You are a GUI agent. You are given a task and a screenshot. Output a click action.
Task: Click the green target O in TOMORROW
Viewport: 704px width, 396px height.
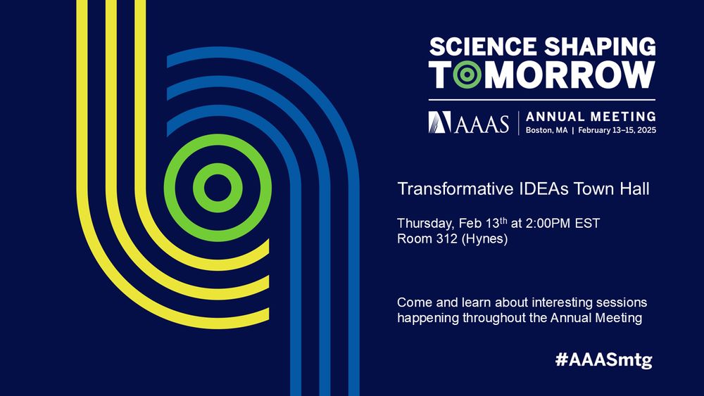click(467, 75)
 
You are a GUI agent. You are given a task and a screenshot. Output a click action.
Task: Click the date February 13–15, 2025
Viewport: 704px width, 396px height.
click(617, 131)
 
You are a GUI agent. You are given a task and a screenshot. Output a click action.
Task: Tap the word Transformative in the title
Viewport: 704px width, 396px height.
click(445, 189)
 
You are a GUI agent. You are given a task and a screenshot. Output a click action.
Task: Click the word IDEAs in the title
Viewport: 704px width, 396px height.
click(522, 189)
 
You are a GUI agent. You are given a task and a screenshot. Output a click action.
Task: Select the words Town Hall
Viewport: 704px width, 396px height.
click(603, 189)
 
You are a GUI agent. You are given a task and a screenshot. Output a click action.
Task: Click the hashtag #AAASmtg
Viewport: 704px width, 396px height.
click(604, 359)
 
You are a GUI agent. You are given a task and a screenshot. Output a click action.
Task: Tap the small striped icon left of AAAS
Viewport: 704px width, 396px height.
click(439, 122)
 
